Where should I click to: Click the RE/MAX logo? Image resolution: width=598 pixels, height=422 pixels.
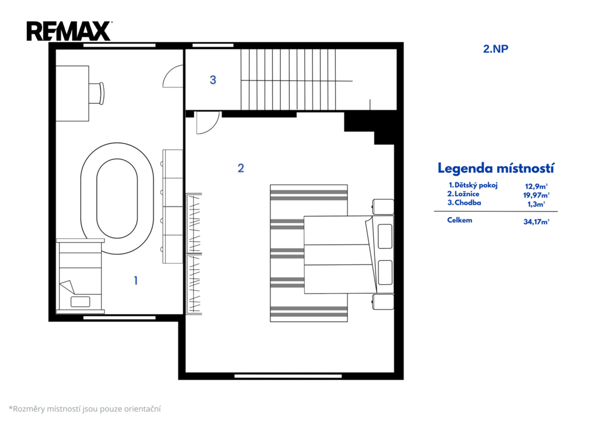tap(69, 31)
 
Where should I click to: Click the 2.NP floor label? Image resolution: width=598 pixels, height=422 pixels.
tap(495, 49)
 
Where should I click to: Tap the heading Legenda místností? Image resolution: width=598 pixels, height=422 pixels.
tap(496, 168)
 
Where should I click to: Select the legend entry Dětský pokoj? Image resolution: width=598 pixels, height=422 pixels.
tap(473, 185)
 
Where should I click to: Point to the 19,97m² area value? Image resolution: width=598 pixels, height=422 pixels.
tap(536, 195)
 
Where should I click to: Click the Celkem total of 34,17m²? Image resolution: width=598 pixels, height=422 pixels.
tap(536, 221)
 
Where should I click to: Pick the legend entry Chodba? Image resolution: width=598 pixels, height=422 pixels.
tap(464, 203)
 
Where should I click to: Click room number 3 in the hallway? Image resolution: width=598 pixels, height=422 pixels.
tap(213, 80)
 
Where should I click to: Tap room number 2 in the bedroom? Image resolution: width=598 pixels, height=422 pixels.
tap(241, 168)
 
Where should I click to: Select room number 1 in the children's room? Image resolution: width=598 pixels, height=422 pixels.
tap(135, 281)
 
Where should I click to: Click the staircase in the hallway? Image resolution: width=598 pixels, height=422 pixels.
tap(296, 79)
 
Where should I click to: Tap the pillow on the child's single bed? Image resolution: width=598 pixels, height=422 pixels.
tap(81, 302)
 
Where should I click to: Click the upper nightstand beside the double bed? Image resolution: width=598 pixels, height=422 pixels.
tap(383, 207)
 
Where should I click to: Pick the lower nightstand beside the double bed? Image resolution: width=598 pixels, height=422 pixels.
tap(383, 302)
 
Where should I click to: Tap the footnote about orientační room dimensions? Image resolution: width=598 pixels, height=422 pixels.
tap(85, 409)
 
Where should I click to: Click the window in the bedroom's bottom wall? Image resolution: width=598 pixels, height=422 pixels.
tap(288, 376)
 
